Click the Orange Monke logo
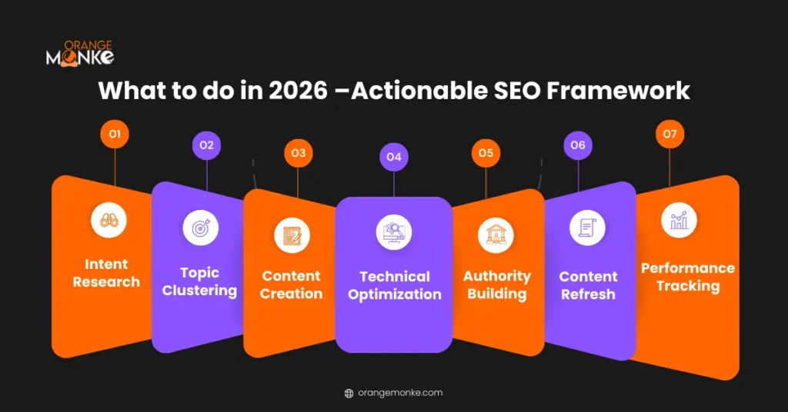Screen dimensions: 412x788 (80, 52)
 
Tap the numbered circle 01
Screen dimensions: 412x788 (115, 135)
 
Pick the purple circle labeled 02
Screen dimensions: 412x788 (206, 145)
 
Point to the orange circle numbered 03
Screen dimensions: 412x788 (298, 153)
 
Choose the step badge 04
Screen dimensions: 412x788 (393, 158)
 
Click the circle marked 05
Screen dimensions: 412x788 (486, 153)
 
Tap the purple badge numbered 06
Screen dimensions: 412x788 (578, 145)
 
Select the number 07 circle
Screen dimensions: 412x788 (669, 135)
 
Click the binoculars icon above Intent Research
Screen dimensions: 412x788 (109, 219)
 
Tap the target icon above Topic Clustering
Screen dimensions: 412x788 (200, 228)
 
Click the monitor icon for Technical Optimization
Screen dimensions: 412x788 (394, 232)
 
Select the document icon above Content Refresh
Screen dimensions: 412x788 (587, 228)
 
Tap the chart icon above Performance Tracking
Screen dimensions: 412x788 (679, 220)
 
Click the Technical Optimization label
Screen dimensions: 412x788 (395, 285)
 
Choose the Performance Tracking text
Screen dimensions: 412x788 (688, 277)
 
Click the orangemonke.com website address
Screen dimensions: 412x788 (400, 393)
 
